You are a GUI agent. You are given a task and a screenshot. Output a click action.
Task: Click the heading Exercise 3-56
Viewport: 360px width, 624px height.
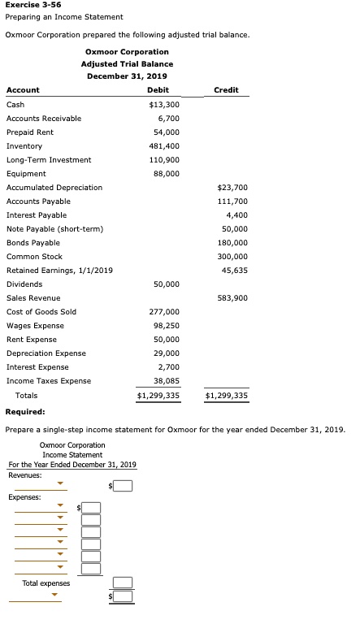[x=33, y=5]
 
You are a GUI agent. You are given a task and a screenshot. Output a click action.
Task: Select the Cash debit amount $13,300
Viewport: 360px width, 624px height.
[x=164, y=105]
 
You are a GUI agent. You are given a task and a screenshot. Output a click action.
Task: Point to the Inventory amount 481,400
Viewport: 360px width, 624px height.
[x=166, y=146]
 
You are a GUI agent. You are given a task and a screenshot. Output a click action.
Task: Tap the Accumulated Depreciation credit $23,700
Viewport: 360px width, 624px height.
[x=232, y=188]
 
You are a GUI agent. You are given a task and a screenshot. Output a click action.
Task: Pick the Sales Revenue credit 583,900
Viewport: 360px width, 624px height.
[x=232, y=298]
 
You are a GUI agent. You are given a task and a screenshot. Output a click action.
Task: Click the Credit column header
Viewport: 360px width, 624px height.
[x=226, y=90]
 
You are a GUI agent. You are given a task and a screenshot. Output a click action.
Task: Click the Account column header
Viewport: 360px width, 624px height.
[x=23, y=90]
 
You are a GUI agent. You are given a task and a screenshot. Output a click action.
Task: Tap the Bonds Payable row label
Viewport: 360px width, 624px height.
[x=33, y=243]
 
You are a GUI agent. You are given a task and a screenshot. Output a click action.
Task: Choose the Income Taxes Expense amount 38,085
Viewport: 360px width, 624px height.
[x=166, y=381]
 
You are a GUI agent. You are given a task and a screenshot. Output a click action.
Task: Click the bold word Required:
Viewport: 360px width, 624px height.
[x=25, y=412]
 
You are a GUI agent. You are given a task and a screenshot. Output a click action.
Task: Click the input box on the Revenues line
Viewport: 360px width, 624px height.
[x=122, y=487]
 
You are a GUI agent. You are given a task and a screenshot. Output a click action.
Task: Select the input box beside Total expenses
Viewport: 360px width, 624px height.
[x=122, y=583]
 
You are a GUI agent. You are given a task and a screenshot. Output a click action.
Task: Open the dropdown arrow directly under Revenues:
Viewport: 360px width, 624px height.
[x=60, y=487]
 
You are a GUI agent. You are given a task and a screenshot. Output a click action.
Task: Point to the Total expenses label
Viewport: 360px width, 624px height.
[x=46, y=583]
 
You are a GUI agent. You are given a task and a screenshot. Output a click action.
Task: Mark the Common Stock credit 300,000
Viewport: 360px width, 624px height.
[x=232, y=257]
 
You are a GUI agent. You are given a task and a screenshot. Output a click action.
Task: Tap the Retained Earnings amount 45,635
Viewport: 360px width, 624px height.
[x=234, y=271]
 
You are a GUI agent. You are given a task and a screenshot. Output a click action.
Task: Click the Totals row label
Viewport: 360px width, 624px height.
[x=26, y=396]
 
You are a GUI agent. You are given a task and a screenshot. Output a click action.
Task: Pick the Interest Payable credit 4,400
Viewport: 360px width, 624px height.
[x=237, y=215]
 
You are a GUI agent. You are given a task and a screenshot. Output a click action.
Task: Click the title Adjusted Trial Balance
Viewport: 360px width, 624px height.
[x=126, y=63]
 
